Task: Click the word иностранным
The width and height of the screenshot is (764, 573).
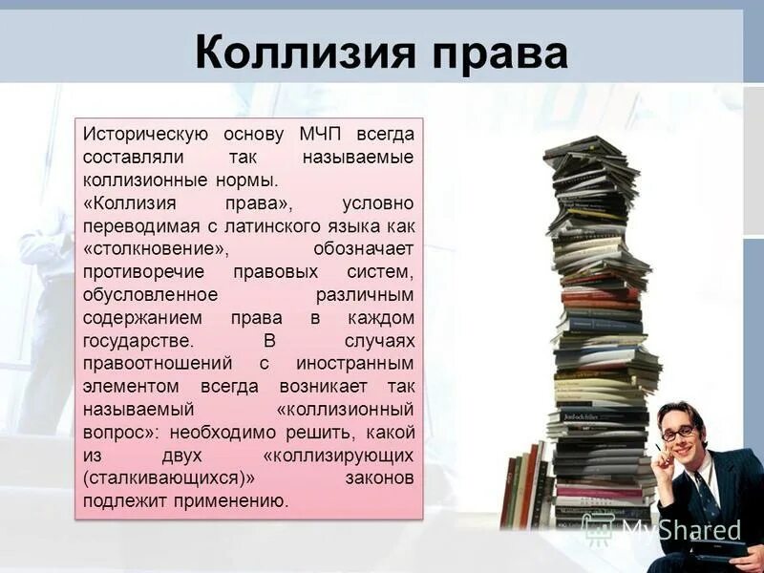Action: click(354, 364)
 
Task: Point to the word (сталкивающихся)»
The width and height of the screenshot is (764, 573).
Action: click(169, 478)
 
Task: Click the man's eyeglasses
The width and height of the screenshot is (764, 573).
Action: click(680, 433)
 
